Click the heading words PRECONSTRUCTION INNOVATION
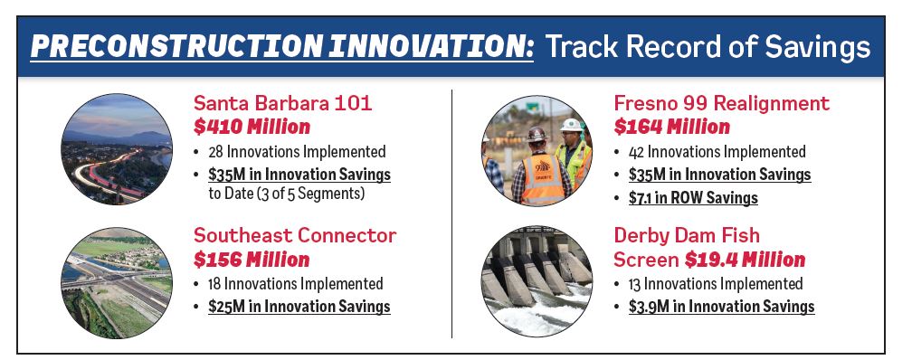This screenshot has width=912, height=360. pos(281,46)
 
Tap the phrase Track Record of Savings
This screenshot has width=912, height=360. pos(708,46)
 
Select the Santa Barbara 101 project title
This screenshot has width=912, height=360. pos(282,103)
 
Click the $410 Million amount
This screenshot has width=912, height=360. pos(252,127)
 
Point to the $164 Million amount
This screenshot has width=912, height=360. pos(671,127)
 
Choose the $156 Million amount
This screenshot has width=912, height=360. pos(252,260)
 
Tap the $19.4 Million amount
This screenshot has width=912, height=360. pos(745,260)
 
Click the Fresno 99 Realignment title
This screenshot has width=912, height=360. pos(722,103)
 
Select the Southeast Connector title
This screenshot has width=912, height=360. pos(295,235)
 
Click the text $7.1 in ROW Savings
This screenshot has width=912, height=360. pos(693,198)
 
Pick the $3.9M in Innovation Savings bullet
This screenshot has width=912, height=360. pos(721,307)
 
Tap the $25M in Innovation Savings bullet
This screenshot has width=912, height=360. pos(299,307)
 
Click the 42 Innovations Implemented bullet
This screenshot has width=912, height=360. pos(717,152)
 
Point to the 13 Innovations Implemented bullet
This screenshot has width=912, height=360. pos(716,284)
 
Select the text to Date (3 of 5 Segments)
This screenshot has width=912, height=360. pos(286,194)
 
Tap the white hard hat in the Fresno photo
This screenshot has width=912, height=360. pos(571,125)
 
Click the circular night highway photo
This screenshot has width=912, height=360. pos(117,149)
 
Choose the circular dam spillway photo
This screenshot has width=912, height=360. pos(537,282)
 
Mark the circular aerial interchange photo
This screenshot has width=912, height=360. pos(117,283)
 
